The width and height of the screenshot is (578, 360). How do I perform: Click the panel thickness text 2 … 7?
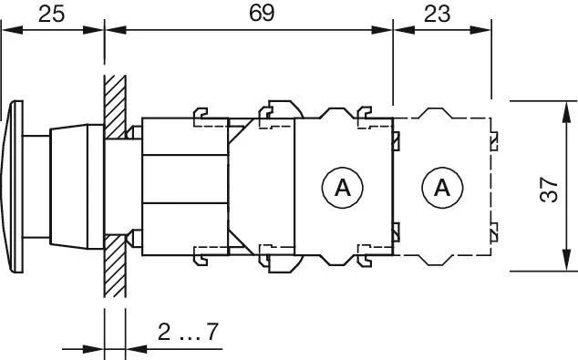point(187,332)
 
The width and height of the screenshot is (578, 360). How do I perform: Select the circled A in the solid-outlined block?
point(343,188)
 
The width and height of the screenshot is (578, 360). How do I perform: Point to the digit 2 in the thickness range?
point(163,332)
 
